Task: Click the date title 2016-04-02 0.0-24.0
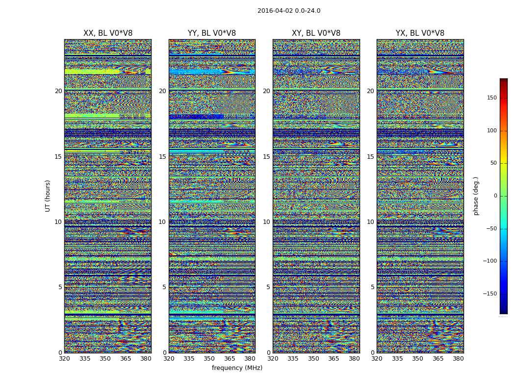[x=289, y=11]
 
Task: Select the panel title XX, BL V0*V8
[x=108, y=33]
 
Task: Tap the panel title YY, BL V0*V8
[x=212, y=33]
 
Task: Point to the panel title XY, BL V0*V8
[x=316, y=33]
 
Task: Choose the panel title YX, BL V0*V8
[x=420, y=33]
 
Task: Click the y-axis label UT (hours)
[x=48, y=196]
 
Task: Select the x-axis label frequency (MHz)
[x=237, y=368]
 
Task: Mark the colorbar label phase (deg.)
[x=476, y=196]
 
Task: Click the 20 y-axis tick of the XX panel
[x=58, y=91]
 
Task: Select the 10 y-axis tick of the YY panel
[x=162, y=222]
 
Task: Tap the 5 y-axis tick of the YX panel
[x=372, y=287]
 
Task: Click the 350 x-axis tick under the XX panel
[x=105, y=359]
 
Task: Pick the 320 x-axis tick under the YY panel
[x=169, y=359]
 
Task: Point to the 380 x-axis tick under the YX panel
[x=458, y=359]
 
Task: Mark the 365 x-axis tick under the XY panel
[x=334, y=359]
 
